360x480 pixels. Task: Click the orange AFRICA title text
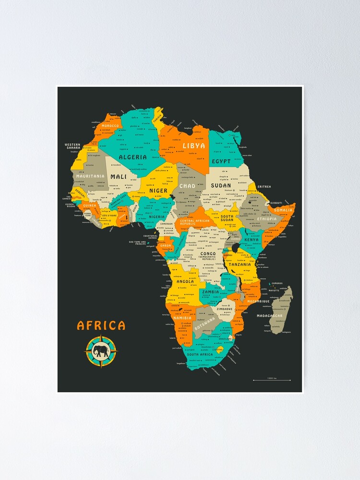click(x=101, y=325)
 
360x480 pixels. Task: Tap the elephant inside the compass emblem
click(x=101, y=351)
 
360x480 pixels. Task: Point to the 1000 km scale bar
click(x=272, y=380)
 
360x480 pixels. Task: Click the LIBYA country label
click(x=193, y=145)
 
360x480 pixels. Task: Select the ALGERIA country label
click(x=132, y=157)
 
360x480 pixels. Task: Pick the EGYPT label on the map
click(x=221, y=161)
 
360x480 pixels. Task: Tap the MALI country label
click(x=119, y=177)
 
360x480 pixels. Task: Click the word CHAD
click(x=187, y=186)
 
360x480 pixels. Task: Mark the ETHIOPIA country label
click(x=267, y=219)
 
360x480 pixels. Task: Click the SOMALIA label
click(x=283, y=210)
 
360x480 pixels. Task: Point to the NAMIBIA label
click(x=182, y=318)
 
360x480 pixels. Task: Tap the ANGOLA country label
click(x=185, y=282)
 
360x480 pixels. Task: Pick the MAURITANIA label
click(x=89, y=176)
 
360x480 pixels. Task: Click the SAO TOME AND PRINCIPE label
click(x=140, y=243)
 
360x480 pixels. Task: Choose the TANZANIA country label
click(x=240, y=264)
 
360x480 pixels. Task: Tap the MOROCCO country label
click(x=109, y=126)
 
